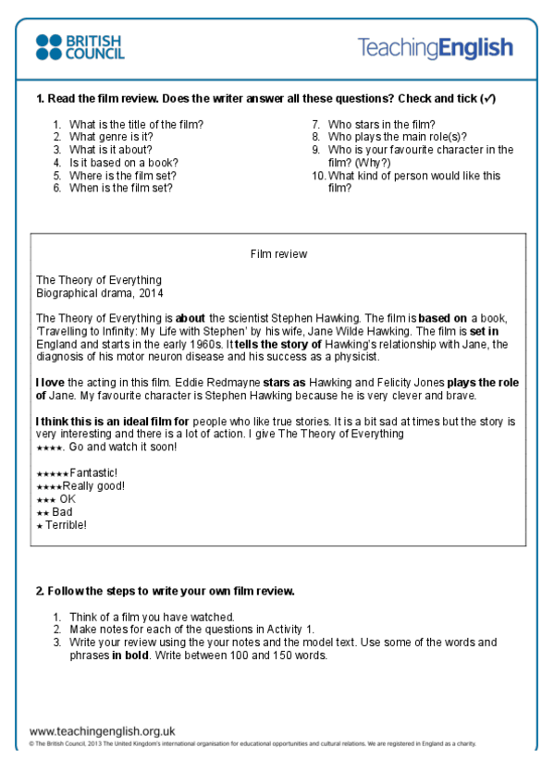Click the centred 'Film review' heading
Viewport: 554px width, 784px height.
278,253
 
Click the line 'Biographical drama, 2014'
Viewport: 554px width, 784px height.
98,293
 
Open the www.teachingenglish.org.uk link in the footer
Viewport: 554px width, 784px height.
102,729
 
